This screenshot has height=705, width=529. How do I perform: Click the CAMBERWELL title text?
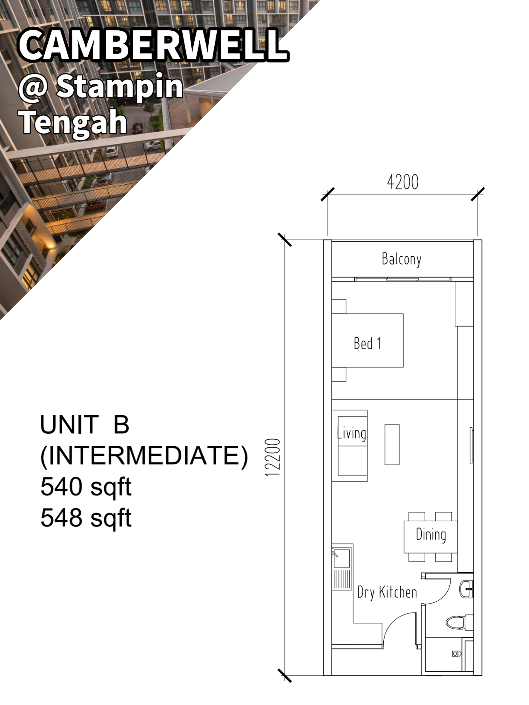[x=153, y=45]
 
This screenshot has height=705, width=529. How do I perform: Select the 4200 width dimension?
[x=403, y=182]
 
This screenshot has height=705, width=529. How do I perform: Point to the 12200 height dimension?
[x=273, y=457]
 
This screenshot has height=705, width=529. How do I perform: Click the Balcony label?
[x=402, y=259]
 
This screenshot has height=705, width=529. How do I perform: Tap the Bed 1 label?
[x=367, y=343]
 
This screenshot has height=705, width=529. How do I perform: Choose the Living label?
[x=351, y=433]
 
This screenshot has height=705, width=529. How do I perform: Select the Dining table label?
[x=431, y=534]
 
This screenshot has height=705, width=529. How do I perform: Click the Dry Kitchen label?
[x=387, y=592]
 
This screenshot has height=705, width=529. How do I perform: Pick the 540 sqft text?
[x=86, y=487]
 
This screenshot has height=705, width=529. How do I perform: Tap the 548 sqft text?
[x=86, y=518]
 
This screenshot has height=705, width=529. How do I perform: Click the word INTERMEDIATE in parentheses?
[x=144, y=456]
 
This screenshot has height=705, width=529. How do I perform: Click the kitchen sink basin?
[x=342, y=558]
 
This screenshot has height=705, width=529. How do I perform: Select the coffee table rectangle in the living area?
[x=392, y=444]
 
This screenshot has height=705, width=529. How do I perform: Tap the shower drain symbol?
[x=456, y=653]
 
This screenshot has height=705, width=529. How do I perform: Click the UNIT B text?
[x=84, y=424]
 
